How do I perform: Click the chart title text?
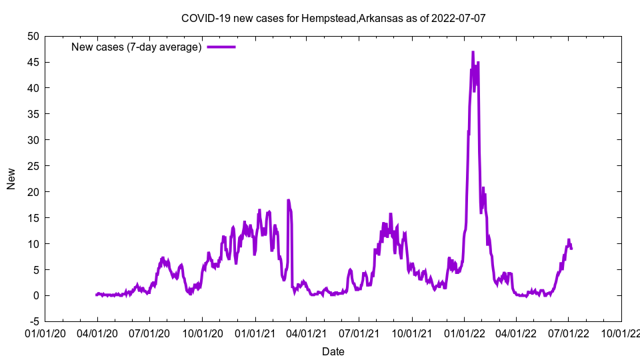[x=333, y=18]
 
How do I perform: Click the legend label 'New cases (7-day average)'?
[x=137, y=47]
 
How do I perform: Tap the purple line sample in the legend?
[x=221, y=47]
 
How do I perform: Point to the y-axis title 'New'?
[x=11, y=179]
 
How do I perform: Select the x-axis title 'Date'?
[x=333, y=351]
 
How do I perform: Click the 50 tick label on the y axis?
[x=33, y=36]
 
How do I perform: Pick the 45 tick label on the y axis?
[x=33, y=62]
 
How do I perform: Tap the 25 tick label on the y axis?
[x=33, y=166]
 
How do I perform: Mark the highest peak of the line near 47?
[x=473, y=52]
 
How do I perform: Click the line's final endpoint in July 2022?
[x=571, y=248]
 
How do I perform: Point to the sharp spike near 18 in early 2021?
[x=288, y=200]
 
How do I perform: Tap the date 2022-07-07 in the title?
[x=459, y=18]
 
